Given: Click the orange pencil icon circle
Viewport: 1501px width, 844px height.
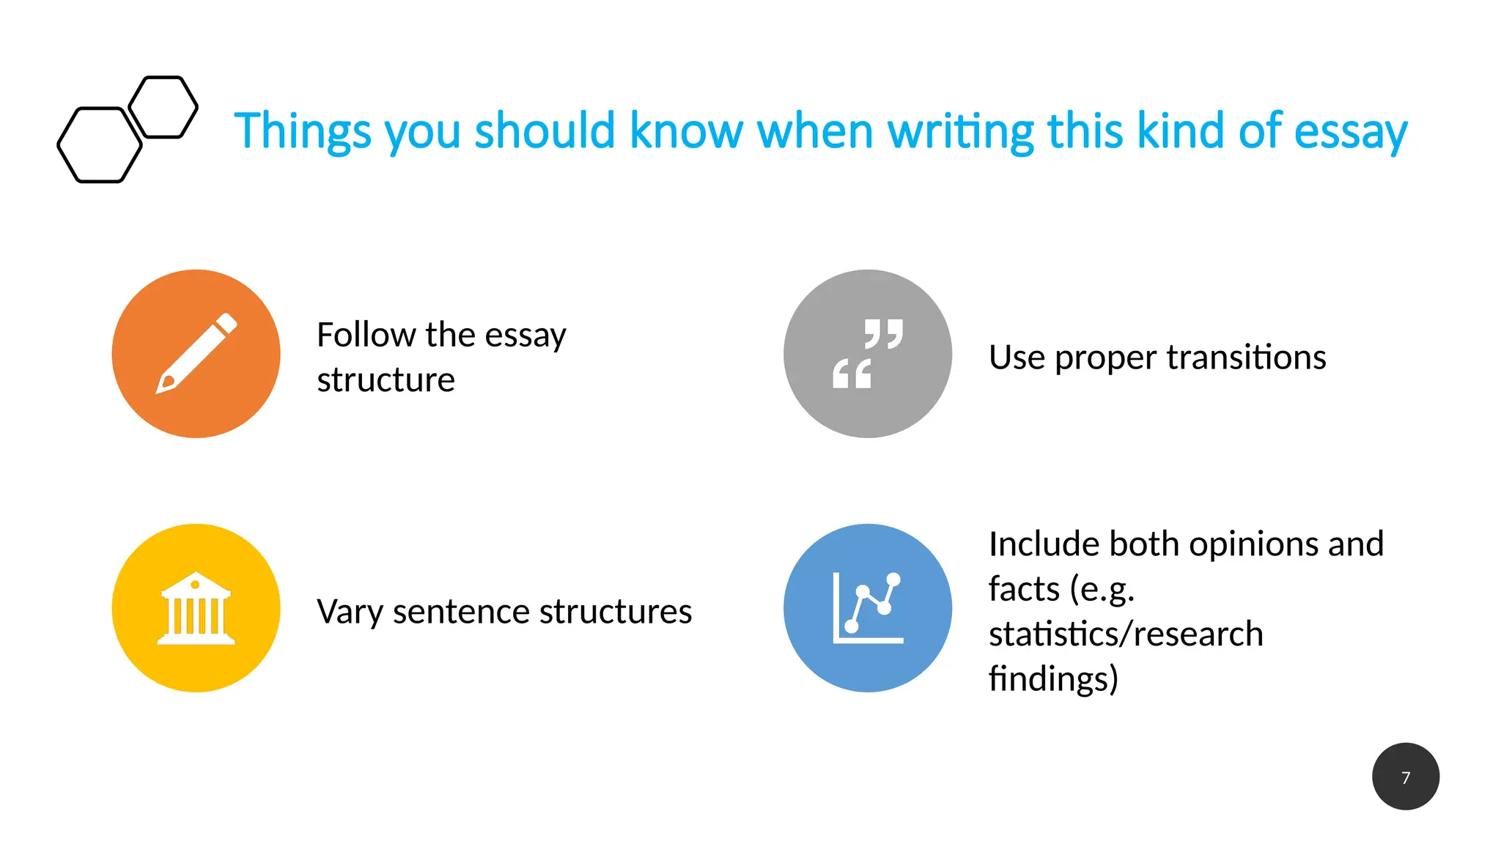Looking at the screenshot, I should (196, 354).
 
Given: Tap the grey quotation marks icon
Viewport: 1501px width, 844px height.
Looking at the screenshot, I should (867, 354).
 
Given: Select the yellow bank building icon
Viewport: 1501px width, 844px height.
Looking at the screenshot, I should (196, 608).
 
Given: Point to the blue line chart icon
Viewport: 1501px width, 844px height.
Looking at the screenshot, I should (867, 608).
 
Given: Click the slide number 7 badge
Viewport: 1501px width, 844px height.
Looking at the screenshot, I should (1405, 777).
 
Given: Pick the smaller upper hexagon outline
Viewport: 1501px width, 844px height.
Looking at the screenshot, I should (163, 107).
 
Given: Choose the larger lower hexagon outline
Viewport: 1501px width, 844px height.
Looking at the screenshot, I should (100, 145).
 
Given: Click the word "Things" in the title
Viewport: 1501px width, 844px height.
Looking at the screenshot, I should (303, 132).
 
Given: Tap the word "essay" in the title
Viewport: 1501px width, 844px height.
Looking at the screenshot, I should (1350, 132).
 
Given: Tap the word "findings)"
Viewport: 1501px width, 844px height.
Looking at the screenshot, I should (1053, 678).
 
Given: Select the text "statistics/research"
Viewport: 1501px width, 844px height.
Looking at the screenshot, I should (1126, 634).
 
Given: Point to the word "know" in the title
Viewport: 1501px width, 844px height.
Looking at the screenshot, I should (686, 132).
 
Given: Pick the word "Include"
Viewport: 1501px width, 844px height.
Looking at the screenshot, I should (1044, 544).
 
